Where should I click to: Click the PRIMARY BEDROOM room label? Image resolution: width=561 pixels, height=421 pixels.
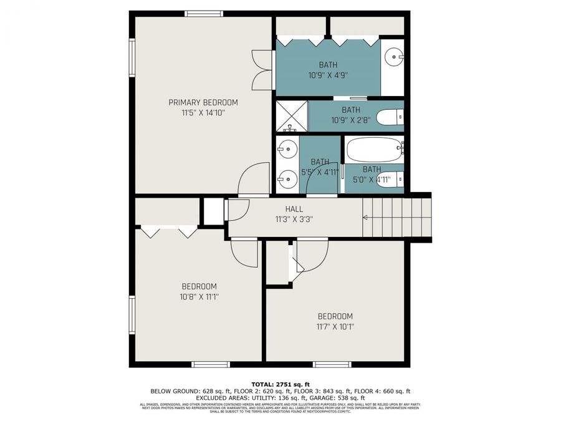tap(203, 102)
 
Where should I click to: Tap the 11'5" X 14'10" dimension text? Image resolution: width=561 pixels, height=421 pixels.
tap(203, 113)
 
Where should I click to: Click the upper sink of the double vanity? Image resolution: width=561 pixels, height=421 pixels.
tap(287, 150)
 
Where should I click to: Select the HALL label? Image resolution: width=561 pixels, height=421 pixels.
tap(294, 209)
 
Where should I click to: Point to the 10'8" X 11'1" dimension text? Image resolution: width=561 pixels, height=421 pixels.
tap(199, 297)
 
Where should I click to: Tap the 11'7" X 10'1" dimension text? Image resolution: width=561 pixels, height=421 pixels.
tap(335, 326)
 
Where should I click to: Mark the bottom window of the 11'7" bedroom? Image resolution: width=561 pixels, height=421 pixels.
tap(332, 364)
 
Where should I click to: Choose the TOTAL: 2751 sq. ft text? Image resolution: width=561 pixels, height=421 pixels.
tap(280, 384)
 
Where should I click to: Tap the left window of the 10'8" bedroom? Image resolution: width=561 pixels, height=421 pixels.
tap(132, 315)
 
